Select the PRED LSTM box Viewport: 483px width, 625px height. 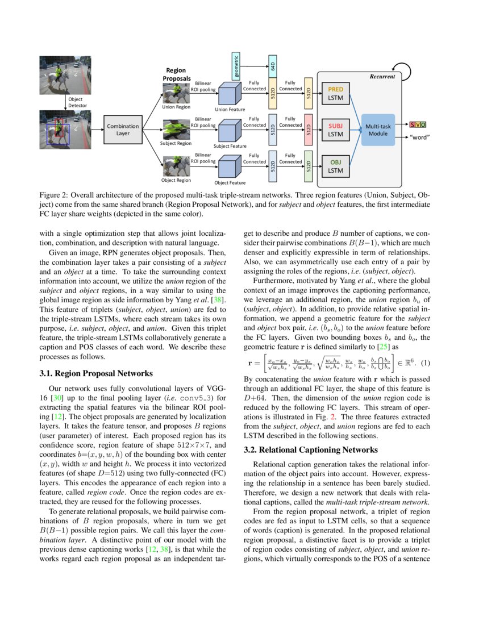[335, 94]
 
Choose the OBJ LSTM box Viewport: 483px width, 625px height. [335, 166]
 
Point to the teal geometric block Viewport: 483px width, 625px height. [236, 66]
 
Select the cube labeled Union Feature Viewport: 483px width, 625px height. [229, 93]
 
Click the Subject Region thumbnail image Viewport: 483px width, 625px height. [177, 128]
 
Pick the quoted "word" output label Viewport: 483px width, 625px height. [419, 137]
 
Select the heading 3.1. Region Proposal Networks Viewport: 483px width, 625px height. [88, 373]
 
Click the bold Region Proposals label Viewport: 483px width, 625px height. [176, 74]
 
